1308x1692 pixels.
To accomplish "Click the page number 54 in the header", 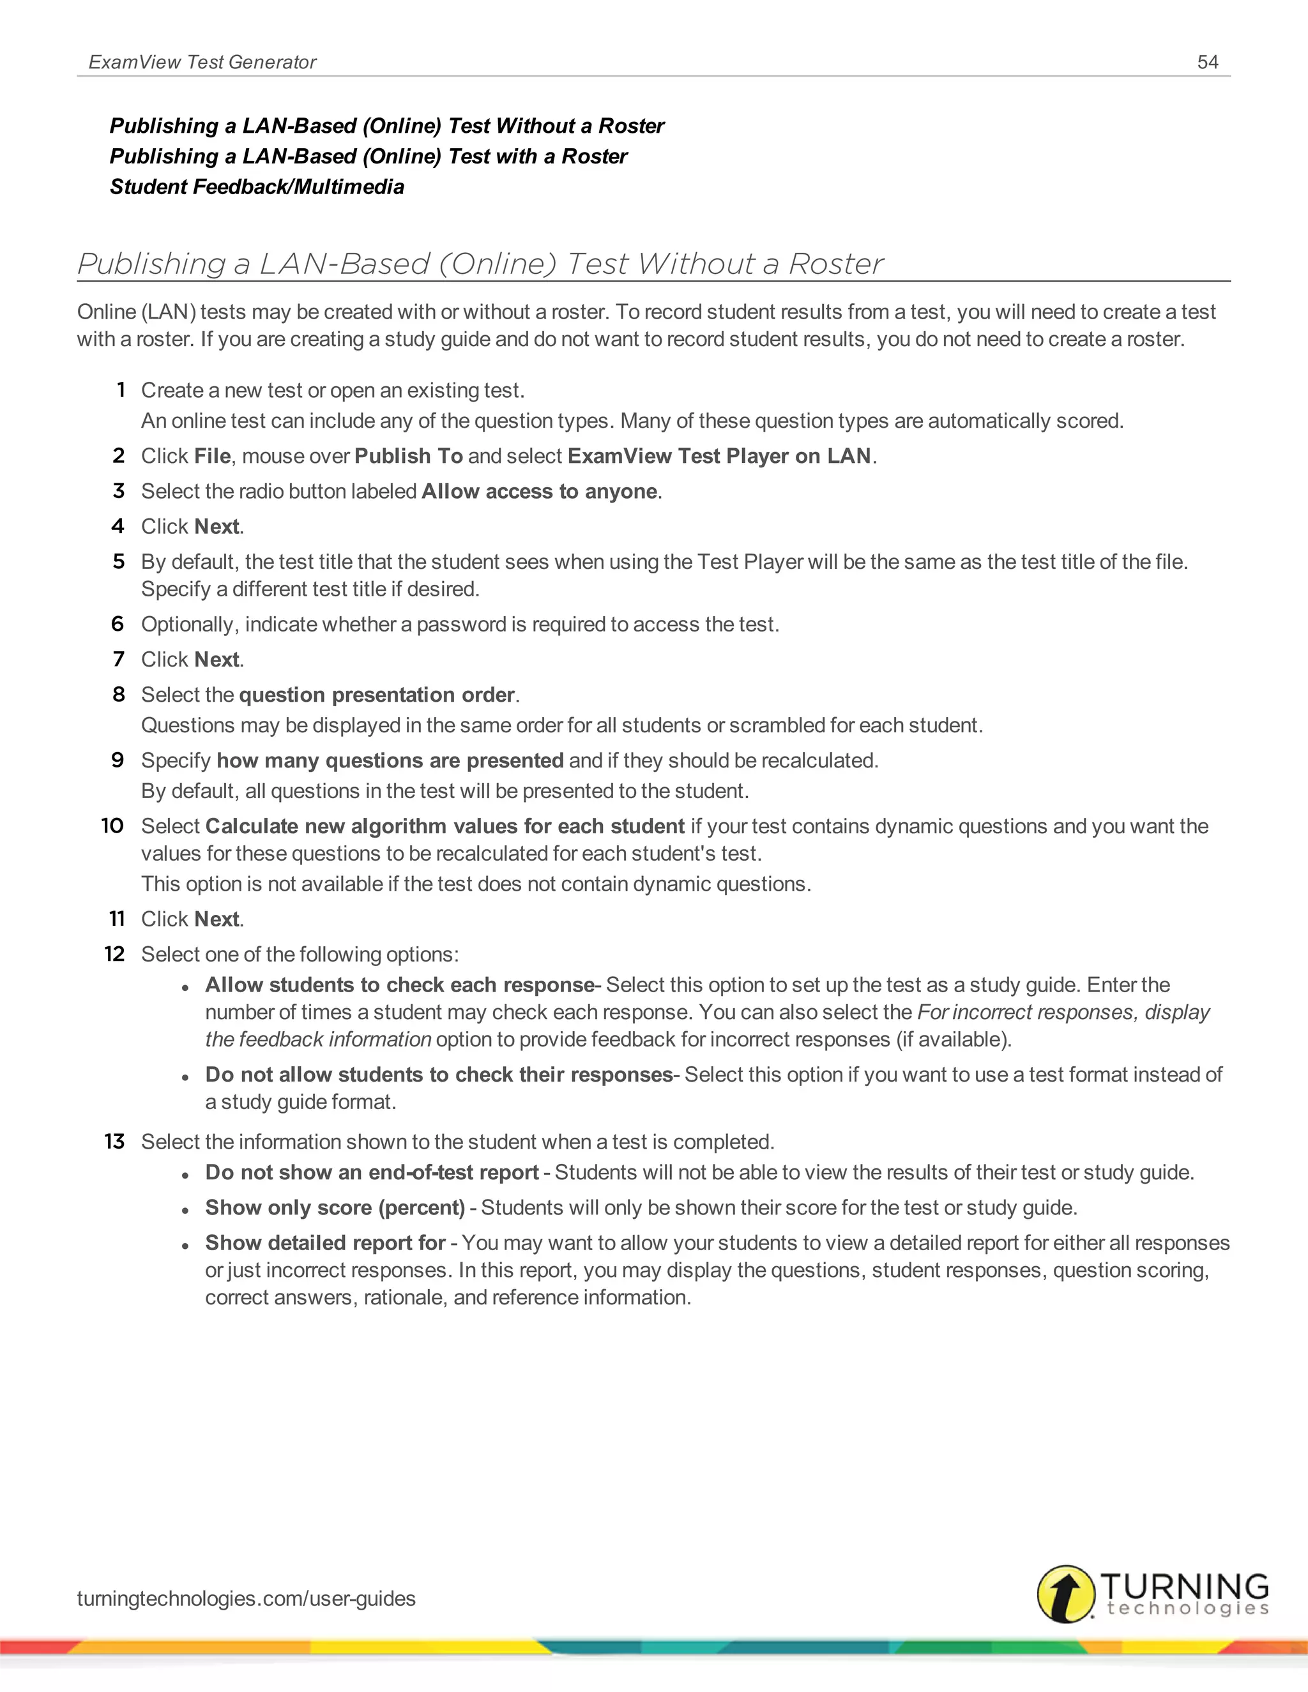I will (x=1207, y=62).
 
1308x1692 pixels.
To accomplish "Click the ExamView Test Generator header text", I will (x=202, y=62).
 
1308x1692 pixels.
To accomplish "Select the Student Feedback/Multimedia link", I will (x=257, y=186).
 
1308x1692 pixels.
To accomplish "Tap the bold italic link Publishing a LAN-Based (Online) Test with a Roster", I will (x=368, y=156).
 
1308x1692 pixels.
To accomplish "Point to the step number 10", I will (x=112, y=826).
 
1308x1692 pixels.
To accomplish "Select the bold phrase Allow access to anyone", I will (x=538, y=491).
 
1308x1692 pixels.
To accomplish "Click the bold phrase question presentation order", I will (x=377, y=694).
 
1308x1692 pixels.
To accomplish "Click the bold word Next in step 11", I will (x=217, y=919).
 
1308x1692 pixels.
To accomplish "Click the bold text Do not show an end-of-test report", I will (x=372, y=1172).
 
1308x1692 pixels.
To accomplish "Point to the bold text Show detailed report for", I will (x=324, y=1243).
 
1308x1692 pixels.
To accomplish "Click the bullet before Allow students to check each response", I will (x=185, y=988).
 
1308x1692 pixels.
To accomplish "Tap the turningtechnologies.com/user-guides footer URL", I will (x=246, y=1598).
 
